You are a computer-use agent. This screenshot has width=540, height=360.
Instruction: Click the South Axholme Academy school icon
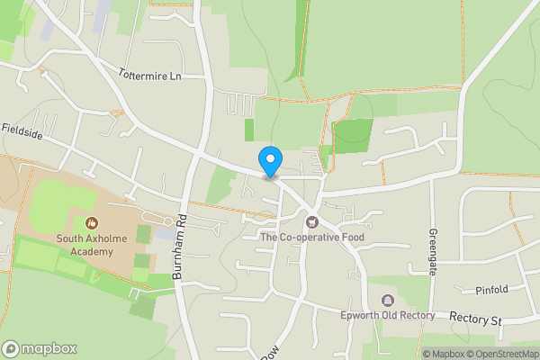click(x=90, y=222)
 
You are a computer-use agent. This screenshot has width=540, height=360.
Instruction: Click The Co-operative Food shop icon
click(x=312, y=220)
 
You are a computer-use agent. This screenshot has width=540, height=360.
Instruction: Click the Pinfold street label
click(x=492, y=289)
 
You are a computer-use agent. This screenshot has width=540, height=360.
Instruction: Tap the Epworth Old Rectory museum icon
click(x=388, y=300)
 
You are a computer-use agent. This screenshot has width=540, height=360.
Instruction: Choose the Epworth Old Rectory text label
click(x=388, y=315)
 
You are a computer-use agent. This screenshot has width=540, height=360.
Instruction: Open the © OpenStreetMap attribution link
click(x=501, y=353)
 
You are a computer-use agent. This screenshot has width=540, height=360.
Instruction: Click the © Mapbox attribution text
click(x=442, y=353)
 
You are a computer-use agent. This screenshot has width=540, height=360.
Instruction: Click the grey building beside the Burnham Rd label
click(x=166, y=233)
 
